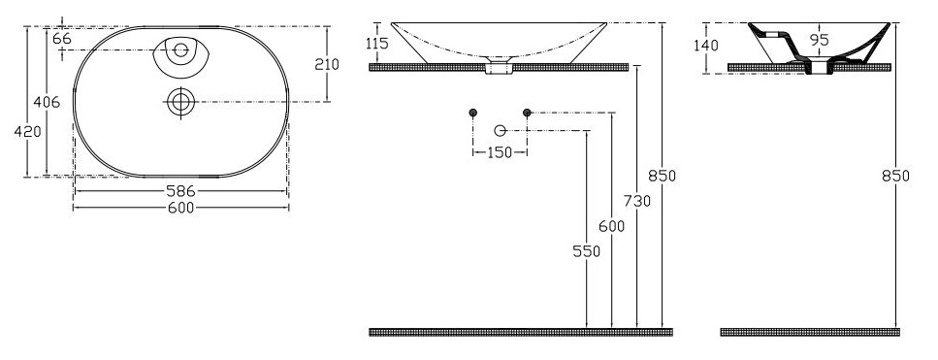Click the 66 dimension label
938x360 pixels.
click(62, 39)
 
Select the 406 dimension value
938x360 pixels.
click(47, 102)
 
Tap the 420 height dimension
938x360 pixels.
click(27, 132)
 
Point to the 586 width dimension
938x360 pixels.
click(181, 191)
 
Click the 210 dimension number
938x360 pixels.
click(327, 64)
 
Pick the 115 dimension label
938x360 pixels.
click(377, 43)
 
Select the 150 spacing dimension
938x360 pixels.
click(500, 152)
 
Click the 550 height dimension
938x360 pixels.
click(586, 251)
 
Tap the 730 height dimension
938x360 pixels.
click(637, 202)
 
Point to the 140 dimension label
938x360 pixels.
click(706, 46)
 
